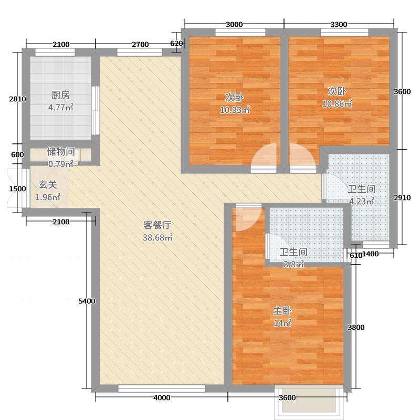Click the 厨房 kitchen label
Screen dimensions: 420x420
pyautogui.click(x=60, y=95)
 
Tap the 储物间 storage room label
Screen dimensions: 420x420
pyautogui.click(x=61, y=152)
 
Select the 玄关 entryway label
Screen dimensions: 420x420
pyautogui.click(x=48, y=185)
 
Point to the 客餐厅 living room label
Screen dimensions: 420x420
pyautogui.click(x=157, y=225)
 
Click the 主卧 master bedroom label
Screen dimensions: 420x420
pyautogui.click(x=282, y=311)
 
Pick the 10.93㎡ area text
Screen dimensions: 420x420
pyautogui.click(x=235, y=110)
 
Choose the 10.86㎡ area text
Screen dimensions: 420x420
pyautogui.click(x=337, y=103)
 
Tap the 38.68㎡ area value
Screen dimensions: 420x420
pyautogui.click(x=157, y=237)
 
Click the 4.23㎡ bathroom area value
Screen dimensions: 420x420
pyautogui.click(x=362, y=201)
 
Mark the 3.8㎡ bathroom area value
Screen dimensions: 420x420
pyautogui.click(x=293, y=265)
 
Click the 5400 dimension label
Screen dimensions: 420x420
pyautogui.click(x=87, y=301)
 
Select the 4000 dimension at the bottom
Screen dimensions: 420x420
pyautogui.click(x=162, y=398)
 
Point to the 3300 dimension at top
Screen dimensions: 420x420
pyautogui.click(x=339, y=24)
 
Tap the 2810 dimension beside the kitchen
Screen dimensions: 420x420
pyautogui.click(x=18, y=99)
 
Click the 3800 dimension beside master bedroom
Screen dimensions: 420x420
pyautogui.click(x=356, y=327)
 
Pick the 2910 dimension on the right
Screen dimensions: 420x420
pyautogui.click(x=402, y=197)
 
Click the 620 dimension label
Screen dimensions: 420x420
pyautogui.click(x=176, y=43)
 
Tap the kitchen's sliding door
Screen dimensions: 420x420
pyautogui.click(x=96, y=110)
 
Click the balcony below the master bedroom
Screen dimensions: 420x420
pyautogui.click(x=309, y=400)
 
